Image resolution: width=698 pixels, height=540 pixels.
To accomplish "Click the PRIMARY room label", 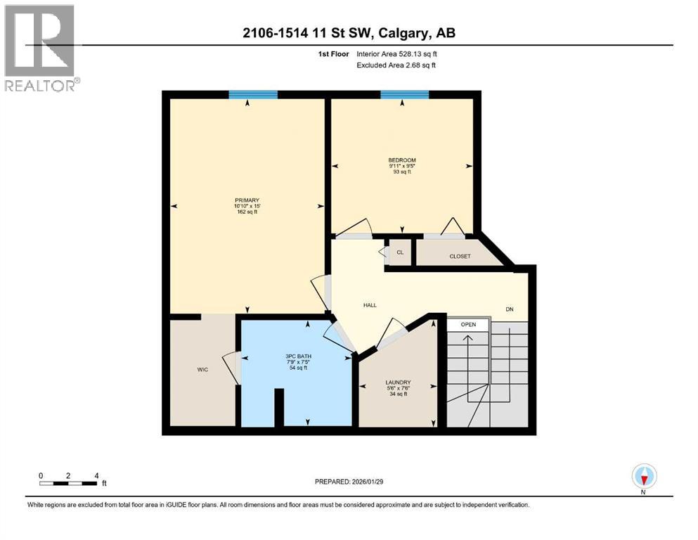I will pos(247,200).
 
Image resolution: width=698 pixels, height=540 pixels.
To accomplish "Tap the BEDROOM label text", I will pos(402,160).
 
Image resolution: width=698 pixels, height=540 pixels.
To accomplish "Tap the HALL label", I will pos(370,305).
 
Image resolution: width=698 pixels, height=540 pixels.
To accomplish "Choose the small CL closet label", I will pos(400,252).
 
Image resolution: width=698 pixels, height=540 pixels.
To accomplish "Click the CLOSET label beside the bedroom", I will pos(460,256).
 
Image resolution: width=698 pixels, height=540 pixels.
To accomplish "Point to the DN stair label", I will pos(510,309).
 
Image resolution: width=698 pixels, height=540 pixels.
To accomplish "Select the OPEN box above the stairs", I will pos(468,325).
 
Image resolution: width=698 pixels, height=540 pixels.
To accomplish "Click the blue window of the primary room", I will pos(253,94).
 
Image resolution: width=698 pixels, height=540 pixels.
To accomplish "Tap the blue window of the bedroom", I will pos(405,94).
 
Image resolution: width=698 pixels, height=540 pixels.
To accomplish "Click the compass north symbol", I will pos(644,477).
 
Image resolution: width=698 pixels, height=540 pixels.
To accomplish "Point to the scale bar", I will pos(68,482).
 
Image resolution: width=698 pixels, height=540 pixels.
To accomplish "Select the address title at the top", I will pos(348,33).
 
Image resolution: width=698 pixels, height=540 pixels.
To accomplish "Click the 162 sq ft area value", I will pos(247,212).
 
